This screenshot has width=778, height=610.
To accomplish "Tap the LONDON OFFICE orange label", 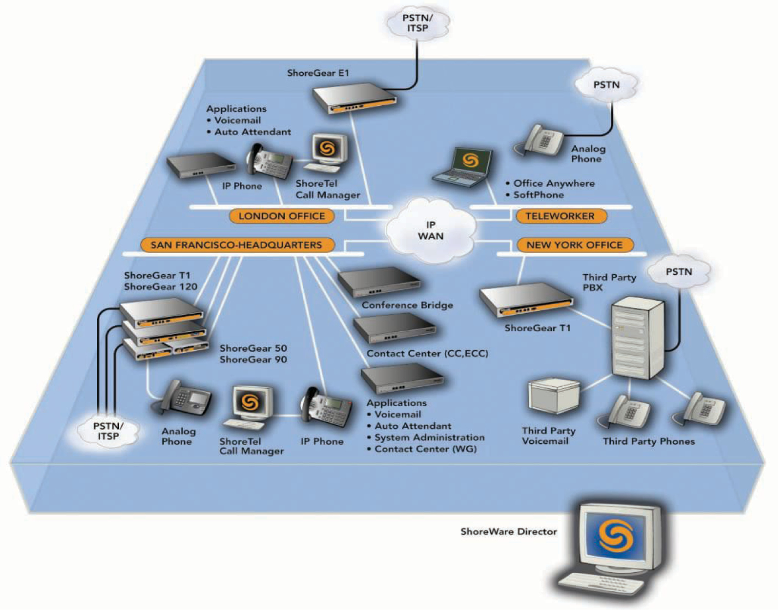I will tap(282, 216).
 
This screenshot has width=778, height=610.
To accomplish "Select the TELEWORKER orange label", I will tap(560, 216).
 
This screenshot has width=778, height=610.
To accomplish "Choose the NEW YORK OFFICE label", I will tap(574, 245).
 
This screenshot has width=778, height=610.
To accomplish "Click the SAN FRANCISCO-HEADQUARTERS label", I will tap(236, 245).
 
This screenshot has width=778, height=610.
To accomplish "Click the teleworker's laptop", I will tap(464, 167).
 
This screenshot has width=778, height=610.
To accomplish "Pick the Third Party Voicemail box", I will tap(554, 396).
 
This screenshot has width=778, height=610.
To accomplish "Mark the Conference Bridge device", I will tap(379, 281).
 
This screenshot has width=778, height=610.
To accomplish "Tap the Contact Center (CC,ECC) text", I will tap(427, 353).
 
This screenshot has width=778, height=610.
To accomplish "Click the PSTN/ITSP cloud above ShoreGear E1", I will tap(417, 23).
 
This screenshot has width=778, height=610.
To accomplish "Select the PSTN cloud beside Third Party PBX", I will tap(678, 272).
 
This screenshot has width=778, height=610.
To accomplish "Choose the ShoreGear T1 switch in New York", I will tap(526, 300).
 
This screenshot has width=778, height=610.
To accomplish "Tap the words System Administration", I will tap(429, 438).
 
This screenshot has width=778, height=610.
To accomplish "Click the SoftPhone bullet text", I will tap(538, 195).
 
